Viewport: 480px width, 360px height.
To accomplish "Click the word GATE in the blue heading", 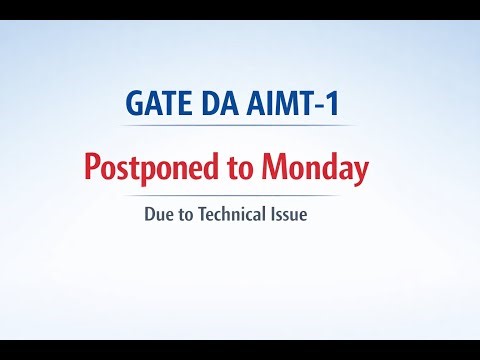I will pyautogui.click(x=161, y=105).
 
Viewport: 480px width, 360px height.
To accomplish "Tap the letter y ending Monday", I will pyautogui.click(x=361, y=171).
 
